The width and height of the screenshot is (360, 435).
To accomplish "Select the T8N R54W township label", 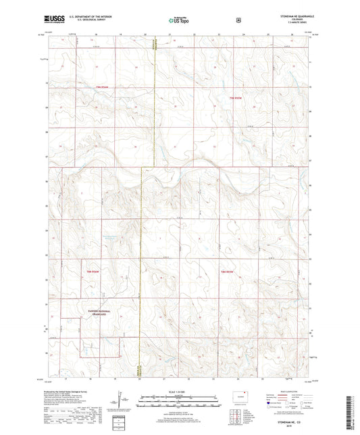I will coord(93,272).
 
